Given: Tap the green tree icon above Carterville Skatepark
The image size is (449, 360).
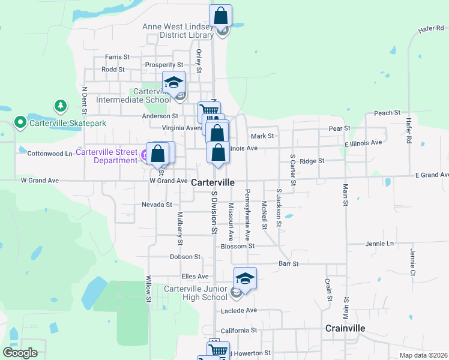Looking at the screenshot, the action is tap(60, 107).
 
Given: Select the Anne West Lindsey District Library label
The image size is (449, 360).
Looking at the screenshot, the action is tap(178, 31).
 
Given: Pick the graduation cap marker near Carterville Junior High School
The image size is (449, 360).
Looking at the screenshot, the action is tap(245, 278).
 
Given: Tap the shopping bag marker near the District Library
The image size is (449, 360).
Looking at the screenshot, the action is tap(220, 16).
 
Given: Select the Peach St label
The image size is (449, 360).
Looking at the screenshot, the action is tap(387, 113).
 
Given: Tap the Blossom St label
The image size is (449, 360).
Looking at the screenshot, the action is tap(238, 246).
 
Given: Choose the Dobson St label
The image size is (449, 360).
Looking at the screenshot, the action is tap(185, 257).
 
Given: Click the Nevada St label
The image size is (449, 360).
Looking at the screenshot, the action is tap(157, 205).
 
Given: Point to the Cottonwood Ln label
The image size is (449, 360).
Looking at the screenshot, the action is tap(50, 154).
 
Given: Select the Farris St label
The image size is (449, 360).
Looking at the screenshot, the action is tap(117, 57).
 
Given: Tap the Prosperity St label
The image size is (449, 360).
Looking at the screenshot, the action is tap(164, 65).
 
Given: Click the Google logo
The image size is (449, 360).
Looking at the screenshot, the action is tap(20, 353).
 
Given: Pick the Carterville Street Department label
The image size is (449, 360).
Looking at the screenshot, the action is tap(107, 156).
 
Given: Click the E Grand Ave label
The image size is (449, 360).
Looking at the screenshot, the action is tap(432, 175).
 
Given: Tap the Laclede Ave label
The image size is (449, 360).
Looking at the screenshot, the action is tap(238, 310).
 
